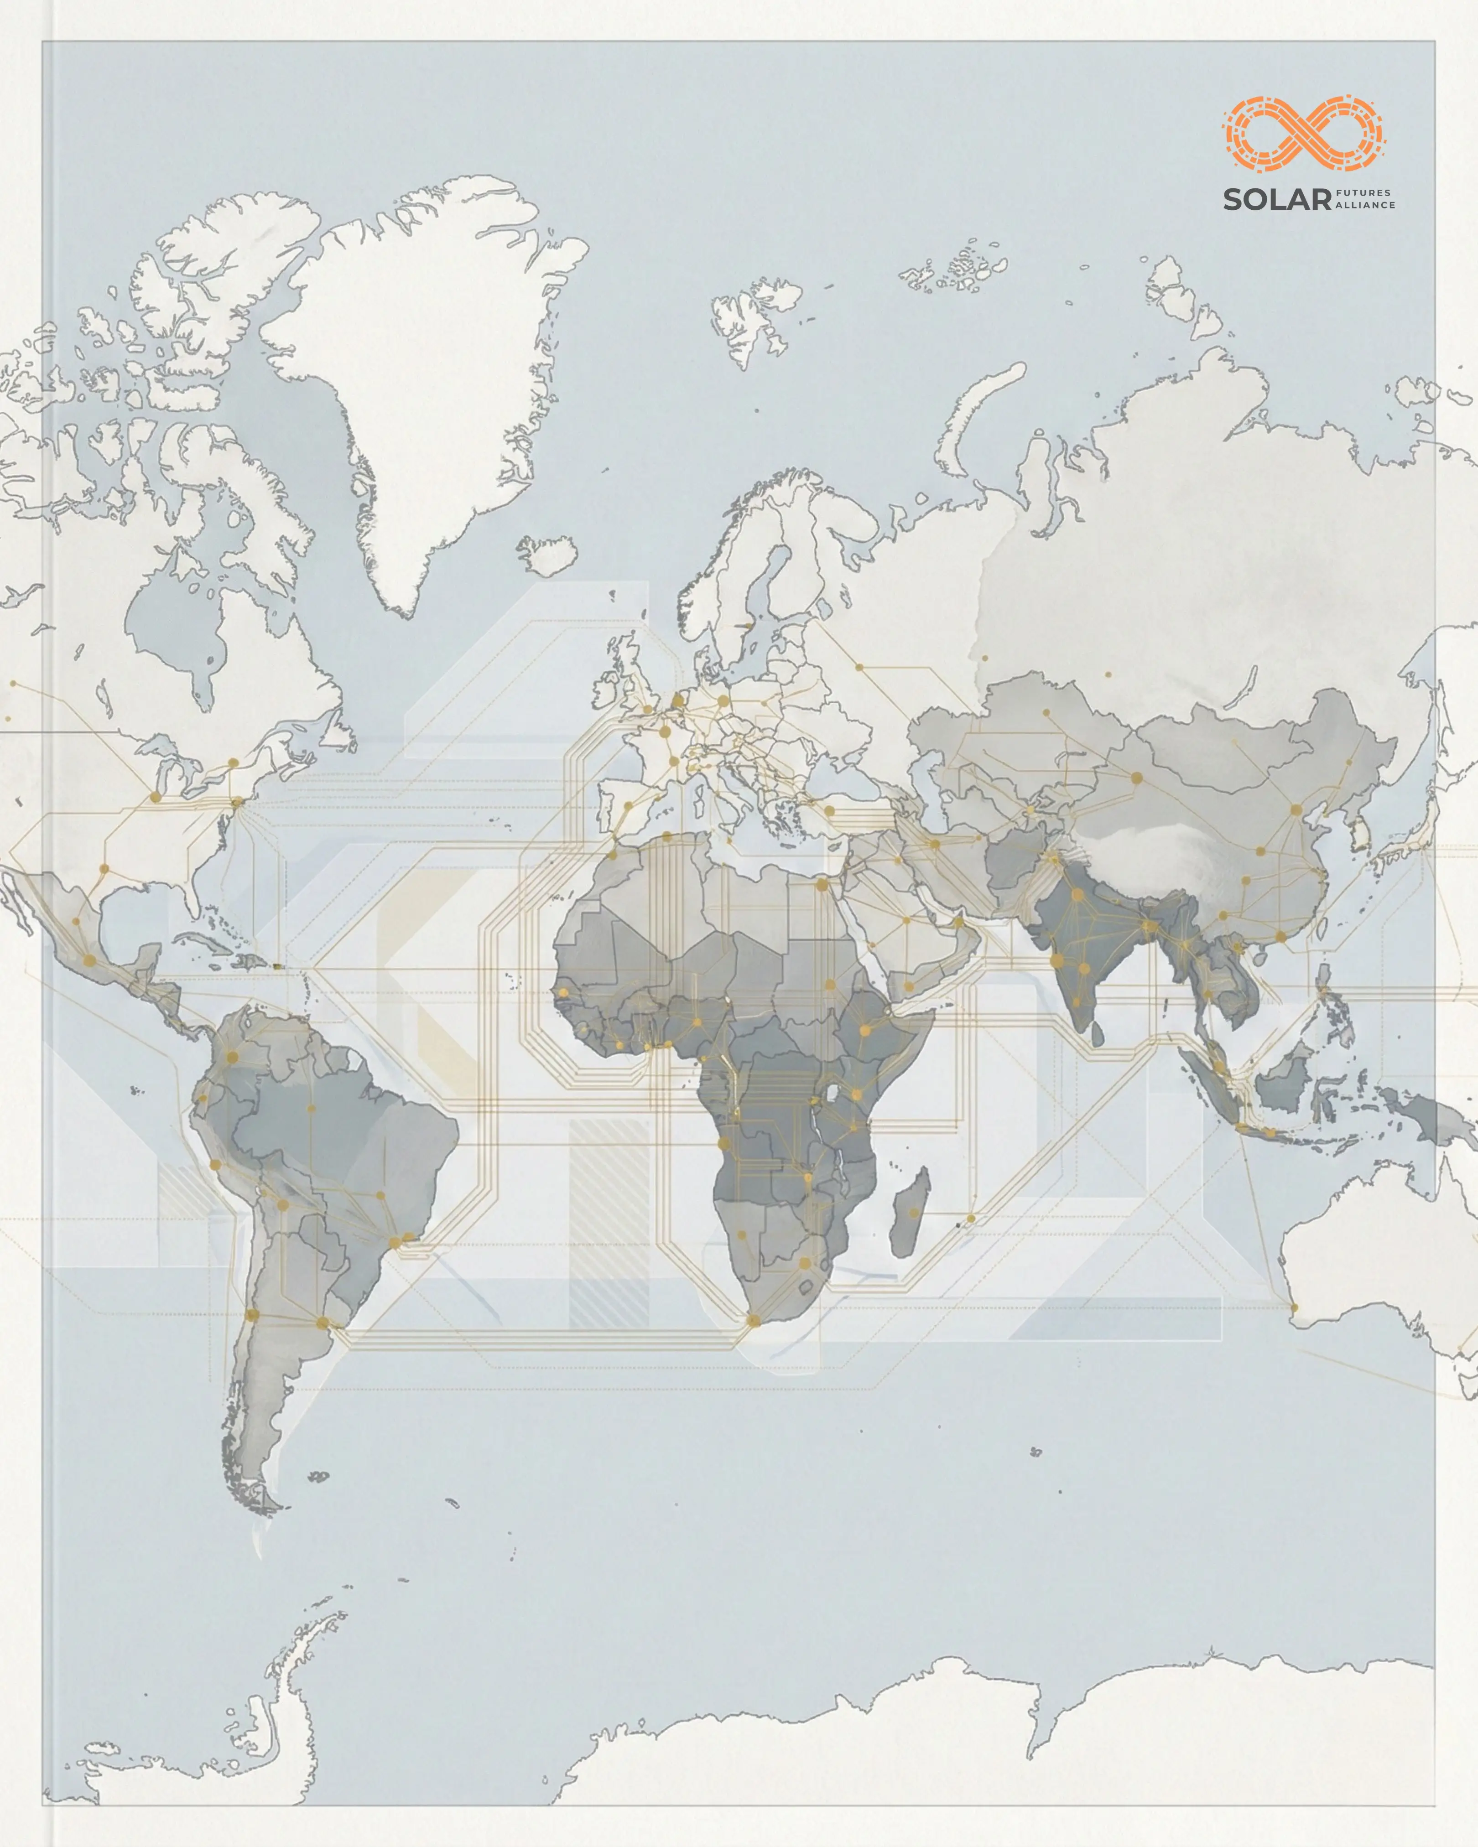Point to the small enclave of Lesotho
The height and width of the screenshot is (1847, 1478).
[806, 1285]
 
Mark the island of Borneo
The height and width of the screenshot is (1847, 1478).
[1281, 1084]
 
